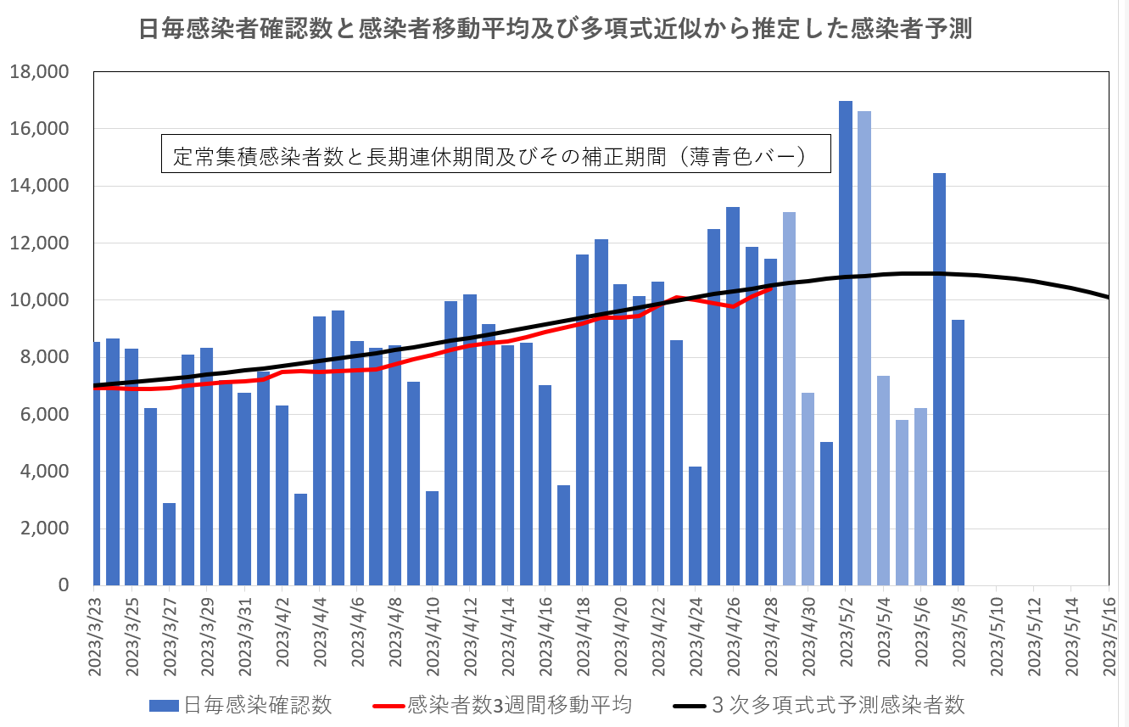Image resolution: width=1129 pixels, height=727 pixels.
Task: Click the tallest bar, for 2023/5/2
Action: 846,344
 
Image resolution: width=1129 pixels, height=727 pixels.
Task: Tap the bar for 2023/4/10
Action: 432,538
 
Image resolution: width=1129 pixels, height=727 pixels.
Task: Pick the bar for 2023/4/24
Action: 695,526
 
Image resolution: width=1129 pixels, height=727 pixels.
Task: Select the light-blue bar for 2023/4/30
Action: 808,489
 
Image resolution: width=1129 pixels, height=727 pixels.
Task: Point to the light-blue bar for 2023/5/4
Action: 883,480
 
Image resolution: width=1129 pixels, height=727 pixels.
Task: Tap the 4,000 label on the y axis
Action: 42,472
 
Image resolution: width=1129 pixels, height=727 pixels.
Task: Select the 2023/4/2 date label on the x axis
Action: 282,632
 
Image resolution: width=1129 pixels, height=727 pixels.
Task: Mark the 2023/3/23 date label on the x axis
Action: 95,632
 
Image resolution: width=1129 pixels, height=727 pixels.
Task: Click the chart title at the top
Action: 556,31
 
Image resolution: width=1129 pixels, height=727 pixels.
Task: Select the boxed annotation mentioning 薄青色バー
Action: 495,155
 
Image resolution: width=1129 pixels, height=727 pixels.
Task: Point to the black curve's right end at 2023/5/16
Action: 1108,297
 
